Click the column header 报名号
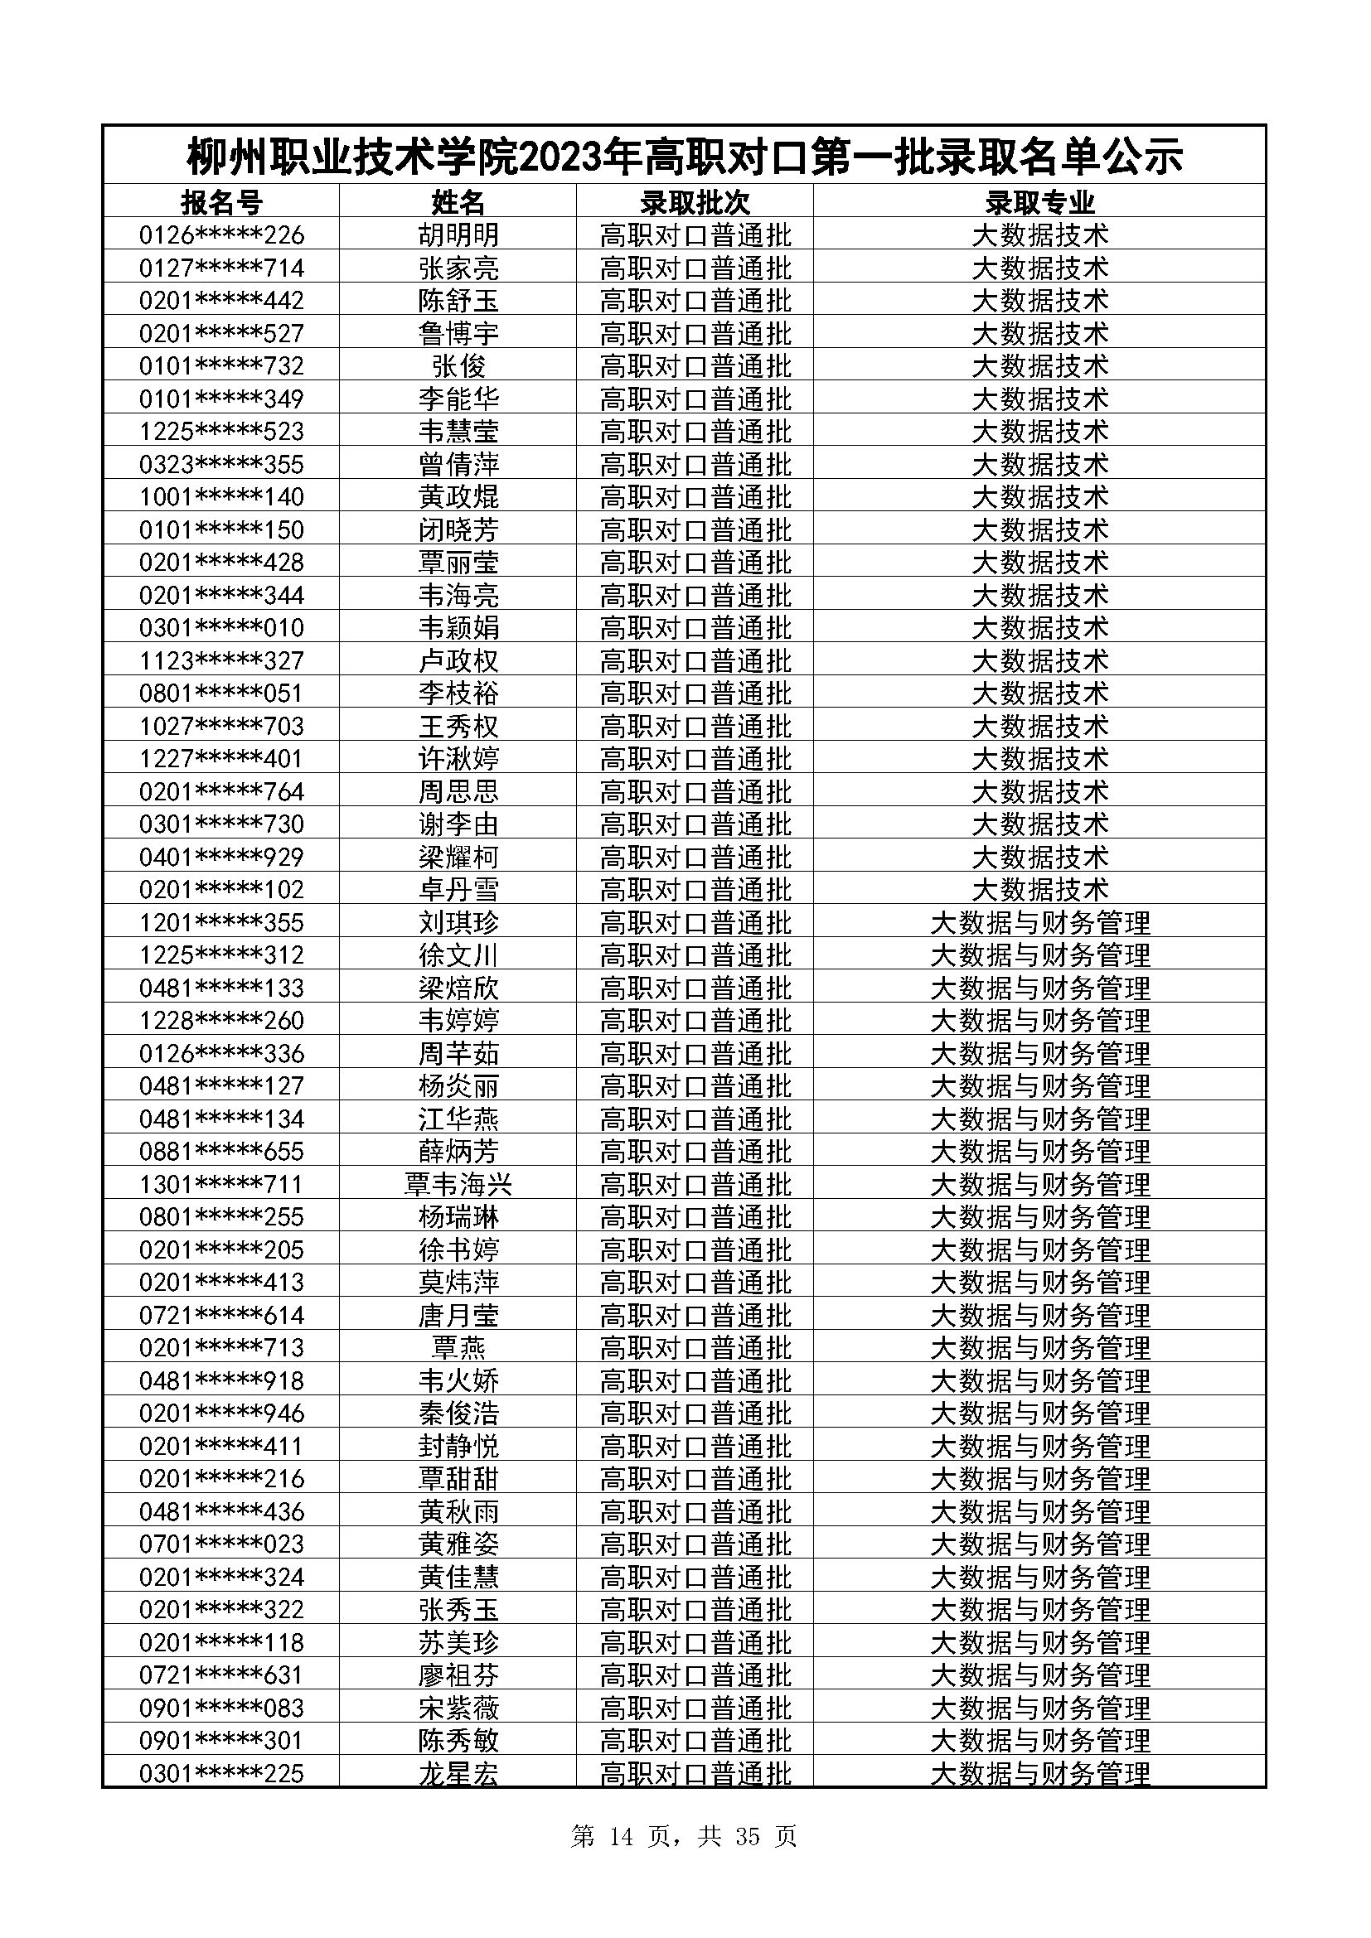(x=221, y=202)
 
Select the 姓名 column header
(x=458, y=202)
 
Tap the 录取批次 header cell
(x=695, y=202)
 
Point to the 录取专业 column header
(x=1039, y=202)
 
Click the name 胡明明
(x=458, y=234)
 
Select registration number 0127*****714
(x=221, y=268)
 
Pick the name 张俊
(x=458, y=365)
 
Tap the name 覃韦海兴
(x=458, y=1184)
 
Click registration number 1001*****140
(x=221, y=496)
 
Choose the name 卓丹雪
(x=458, y=890)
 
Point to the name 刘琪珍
(x=458, y=922)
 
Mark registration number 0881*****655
(x=221, y=1152)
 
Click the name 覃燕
(x=458, y=1348)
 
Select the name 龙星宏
(x=458, y=1773)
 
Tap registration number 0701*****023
(x=221, y=1544)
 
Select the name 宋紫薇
(x=458, y=1708)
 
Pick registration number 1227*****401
(x=221, y=758)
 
